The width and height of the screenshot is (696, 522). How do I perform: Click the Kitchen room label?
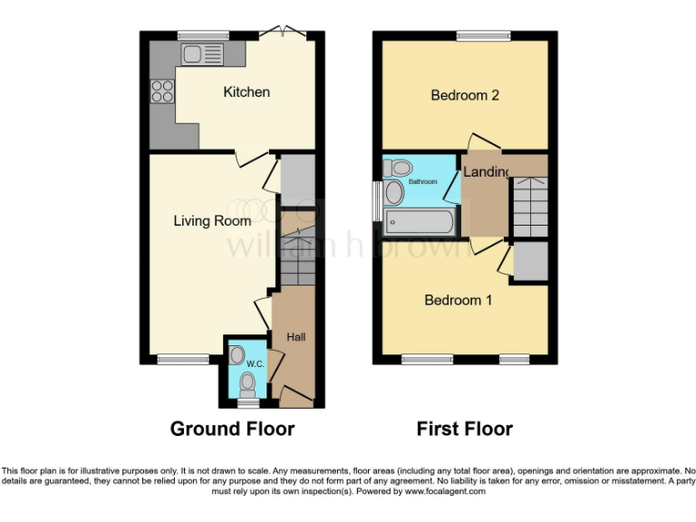(x=246, y=92)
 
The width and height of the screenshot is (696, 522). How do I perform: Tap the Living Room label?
(x=213, y=220)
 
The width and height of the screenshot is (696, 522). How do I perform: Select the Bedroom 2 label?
(x=465, y=95)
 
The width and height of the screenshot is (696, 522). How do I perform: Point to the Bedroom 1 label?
(x=459, y=300)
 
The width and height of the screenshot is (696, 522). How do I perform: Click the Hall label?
(x=295, y=337)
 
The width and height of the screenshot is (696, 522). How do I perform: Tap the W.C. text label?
(x=256, y=364)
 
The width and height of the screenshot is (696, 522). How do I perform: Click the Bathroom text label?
(x=422, y=181)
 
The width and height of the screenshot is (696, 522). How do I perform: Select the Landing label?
(x=485, y=172)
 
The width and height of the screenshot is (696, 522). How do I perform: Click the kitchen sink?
(x=201, y=54)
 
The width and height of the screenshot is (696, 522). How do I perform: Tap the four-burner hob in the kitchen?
(x=162, y=91)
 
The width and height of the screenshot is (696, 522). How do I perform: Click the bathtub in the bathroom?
(x=419, y=221)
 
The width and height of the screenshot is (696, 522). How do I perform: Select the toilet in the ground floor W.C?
(x=246, y=386)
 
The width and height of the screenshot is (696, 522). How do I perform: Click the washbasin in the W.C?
(x=237, y=354)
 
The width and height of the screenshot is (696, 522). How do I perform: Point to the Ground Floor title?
(x=232, y=429)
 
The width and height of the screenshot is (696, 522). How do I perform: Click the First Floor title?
(x=464, y=429)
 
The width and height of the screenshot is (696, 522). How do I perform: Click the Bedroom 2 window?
(x=482, y=36)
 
